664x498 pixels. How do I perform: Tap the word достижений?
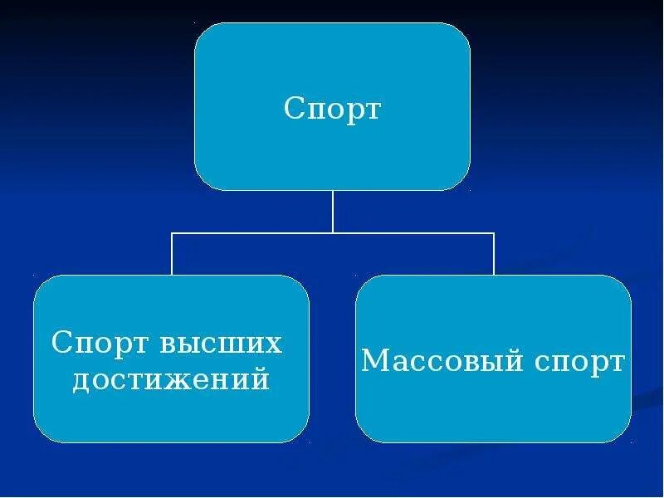[x=171, y=380]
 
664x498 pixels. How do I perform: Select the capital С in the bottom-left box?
[x=59, y=344]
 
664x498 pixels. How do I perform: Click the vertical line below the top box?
[x=333, y=211]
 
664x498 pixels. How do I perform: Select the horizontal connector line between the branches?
[x=249, y=233]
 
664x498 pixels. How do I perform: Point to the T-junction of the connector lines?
[x=333, y=233]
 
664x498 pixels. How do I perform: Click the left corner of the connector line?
[x=172, y=233]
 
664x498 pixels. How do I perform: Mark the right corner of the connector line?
[x=494, y=233]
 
